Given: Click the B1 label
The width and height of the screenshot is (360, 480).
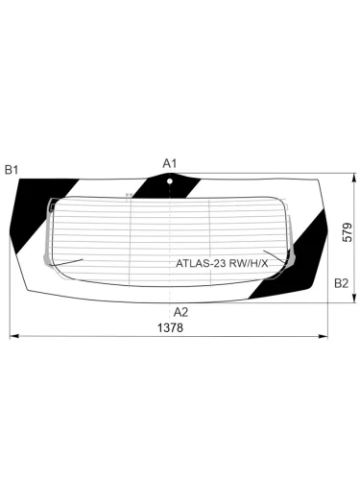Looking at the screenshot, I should pyautogui.click(x=12, y=170).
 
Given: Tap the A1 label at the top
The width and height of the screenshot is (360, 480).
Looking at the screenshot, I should pyautogui.click(x=169, y=163).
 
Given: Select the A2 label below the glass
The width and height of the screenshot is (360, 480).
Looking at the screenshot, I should pyautogui.click(x=180, y=311).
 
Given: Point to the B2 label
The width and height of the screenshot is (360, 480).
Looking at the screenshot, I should pyautogui.click(x=340, y=283).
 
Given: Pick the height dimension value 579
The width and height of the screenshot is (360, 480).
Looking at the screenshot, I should pyautogui.click(x=348, y=233).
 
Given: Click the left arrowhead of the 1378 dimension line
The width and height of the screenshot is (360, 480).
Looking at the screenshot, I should pyautogui.click(x=12, y=336).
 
